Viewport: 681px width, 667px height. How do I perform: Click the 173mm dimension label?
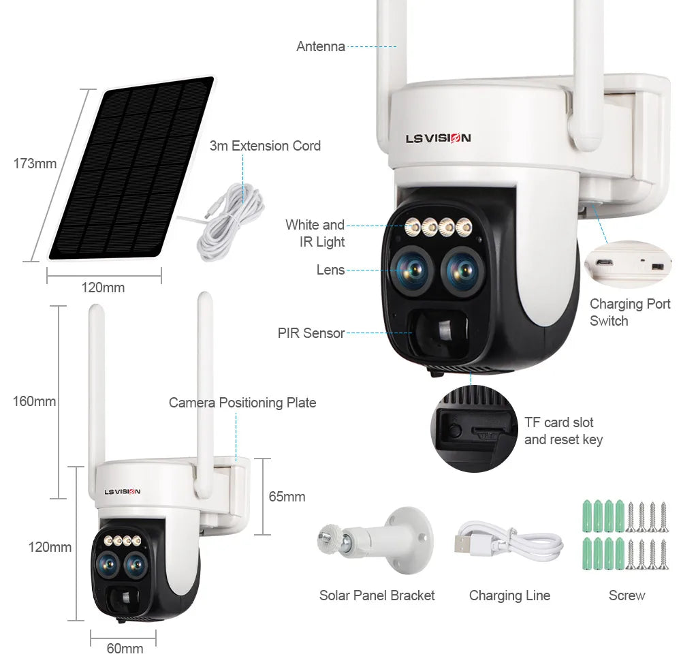coord(35,164)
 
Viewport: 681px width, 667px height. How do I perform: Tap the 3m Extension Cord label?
coord(265,146)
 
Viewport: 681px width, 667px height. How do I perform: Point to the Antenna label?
coord(321,46)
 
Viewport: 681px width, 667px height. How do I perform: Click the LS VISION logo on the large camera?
coord(438,138)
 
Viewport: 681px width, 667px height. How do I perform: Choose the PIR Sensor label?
coord(311,333)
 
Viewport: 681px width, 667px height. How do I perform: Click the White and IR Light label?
coord(315,233)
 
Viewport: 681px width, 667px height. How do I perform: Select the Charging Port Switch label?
coord(630,312)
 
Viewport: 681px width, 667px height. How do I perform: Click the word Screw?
coord(627,595)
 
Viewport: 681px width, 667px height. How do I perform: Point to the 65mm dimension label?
coord(287,497)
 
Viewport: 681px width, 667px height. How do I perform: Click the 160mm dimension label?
coord(34,401)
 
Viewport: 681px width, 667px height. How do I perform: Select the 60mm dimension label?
coord(125,648)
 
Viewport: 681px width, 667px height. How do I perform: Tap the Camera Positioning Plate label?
coord(242,403)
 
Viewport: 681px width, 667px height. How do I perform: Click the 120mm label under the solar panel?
coord(103,288)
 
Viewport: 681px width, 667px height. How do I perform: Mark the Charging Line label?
coord(509,595)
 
